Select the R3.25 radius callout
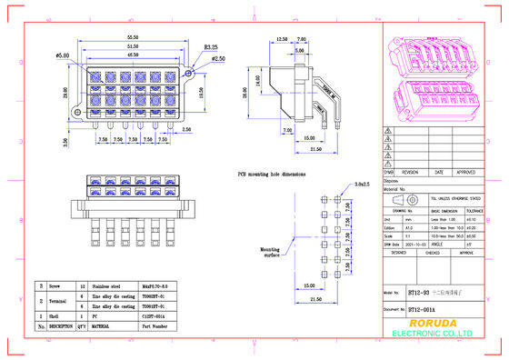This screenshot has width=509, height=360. point(210,46)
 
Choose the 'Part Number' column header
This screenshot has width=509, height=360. point(154,325)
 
